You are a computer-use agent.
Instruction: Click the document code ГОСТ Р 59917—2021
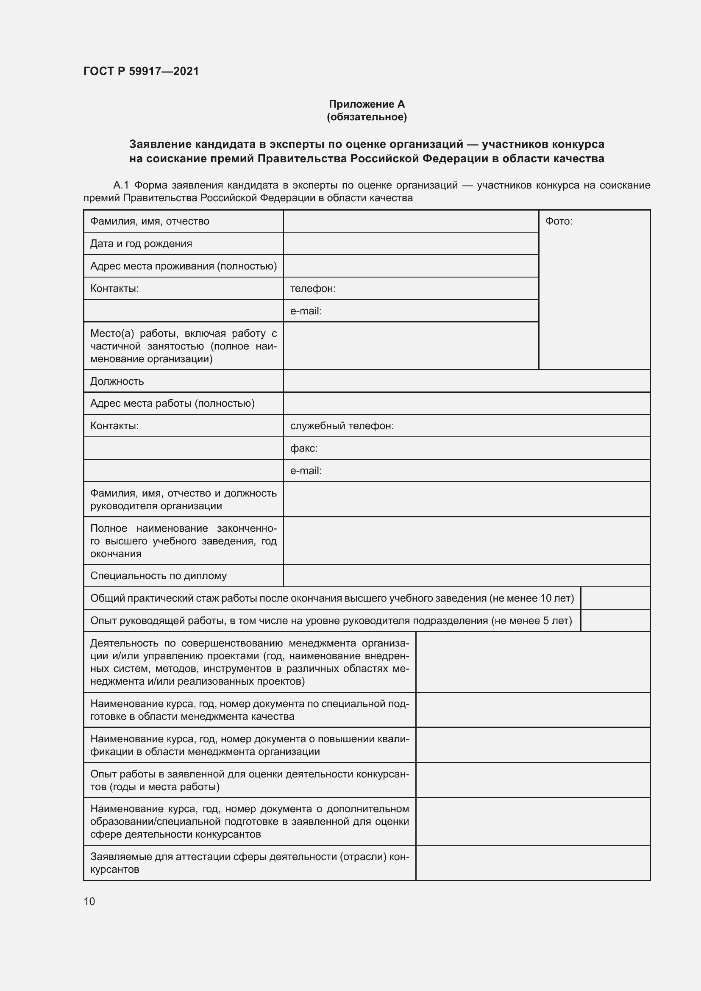pos(141,71)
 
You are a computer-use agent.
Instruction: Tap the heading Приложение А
pos(367,104)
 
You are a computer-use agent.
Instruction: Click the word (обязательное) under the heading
pos(367,117)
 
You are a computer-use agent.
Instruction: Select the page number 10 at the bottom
pos(89,901)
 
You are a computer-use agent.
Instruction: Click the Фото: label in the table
pos(559,222)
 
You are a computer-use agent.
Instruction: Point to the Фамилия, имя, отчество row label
pos(149,222)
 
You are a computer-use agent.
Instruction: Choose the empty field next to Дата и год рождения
pos(411,244)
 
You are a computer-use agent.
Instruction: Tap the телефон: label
pos(312,289)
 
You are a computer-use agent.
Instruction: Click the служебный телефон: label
pos(342,426)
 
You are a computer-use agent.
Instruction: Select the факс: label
pos(303,448)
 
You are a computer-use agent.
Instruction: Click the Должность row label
pos(117,381)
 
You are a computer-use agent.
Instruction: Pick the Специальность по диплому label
pos(158,576)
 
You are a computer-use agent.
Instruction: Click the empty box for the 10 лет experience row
pos(615,598)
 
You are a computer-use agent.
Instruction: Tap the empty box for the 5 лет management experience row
pos(615,621)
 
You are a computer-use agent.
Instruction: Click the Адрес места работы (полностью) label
pos(172,404)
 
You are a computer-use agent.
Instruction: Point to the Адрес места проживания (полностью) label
pos(183,266)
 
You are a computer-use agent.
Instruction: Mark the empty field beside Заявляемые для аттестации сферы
pos(533,863)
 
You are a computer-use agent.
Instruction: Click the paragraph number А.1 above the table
pos(121,186)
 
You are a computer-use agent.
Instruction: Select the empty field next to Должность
pos(466,381)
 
